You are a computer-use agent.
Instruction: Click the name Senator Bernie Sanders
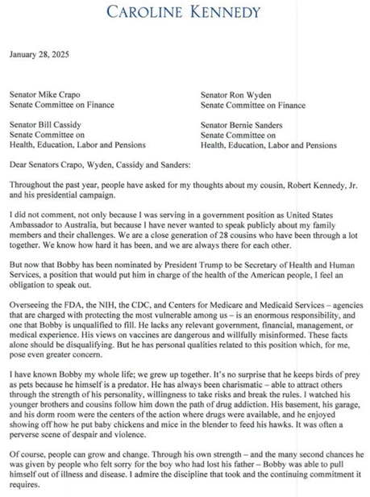point(245,125)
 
